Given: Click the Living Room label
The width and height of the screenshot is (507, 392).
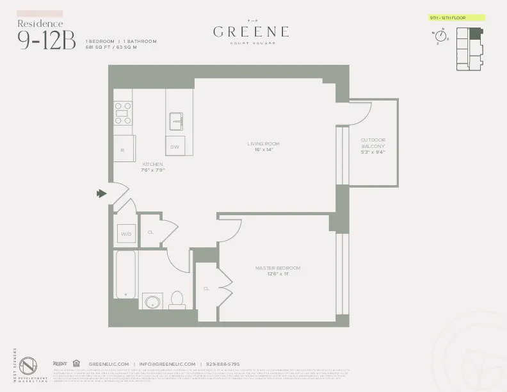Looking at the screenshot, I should coord(263,147).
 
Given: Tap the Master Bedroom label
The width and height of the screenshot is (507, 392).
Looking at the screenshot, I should coord(277,271).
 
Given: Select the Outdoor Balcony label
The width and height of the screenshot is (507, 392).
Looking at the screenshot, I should coord(373,146).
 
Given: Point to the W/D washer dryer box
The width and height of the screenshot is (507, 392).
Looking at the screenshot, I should coord(125,234).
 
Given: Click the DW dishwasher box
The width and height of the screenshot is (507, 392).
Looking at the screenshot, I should coord(174,147).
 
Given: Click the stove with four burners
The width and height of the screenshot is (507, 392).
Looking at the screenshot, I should coord(123,113).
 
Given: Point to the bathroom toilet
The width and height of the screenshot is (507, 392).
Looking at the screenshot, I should coord(177,300).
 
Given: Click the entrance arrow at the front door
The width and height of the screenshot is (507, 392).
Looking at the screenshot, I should coord(101,193).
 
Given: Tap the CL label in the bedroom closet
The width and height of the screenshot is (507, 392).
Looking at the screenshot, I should coord(206,288).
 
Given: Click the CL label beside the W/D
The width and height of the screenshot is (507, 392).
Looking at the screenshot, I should coord(150,232).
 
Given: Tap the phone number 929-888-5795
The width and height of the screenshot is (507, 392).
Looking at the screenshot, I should coord(223,364).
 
